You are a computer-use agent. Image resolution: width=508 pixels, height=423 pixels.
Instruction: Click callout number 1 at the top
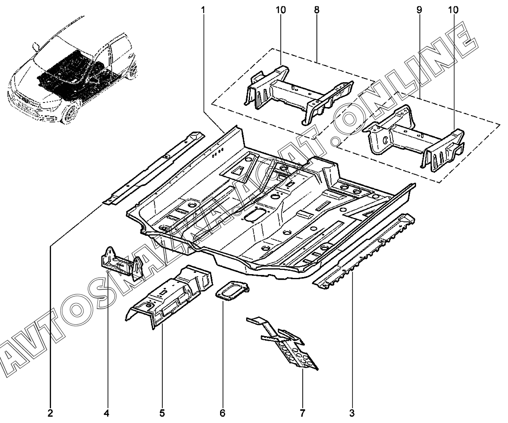pos(203,10)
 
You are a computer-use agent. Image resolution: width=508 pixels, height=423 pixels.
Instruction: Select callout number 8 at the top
pos(317,10)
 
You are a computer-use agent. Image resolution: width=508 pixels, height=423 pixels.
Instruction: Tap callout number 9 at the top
pos(419,10)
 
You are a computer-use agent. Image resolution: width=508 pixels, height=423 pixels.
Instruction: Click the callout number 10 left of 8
pos(281,10)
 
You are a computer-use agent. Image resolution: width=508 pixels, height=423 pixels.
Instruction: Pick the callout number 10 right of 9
pos(453,10)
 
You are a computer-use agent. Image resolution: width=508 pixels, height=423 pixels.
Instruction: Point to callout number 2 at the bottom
pos(50,413)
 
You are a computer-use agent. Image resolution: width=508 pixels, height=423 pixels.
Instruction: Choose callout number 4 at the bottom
pos(107,413)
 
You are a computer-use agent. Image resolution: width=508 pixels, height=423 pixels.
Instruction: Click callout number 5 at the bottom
pos(162,413)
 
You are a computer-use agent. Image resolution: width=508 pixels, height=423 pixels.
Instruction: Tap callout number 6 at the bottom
pos(222,413)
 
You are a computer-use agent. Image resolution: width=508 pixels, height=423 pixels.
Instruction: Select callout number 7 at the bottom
pos(302,413)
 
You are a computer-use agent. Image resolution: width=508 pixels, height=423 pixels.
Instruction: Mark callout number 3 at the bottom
pos(352,413)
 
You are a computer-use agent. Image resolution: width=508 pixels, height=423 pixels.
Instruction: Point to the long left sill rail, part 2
pos(153,168)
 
